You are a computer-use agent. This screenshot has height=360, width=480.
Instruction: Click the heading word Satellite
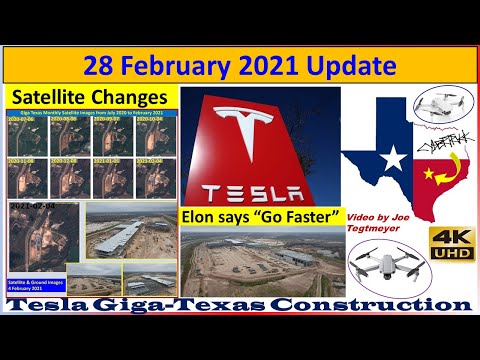coord(53,98)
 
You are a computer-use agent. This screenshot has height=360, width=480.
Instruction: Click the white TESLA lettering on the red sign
coord(262,190)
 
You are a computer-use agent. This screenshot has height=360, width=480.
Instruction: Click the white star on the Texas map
coord(393,157)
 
